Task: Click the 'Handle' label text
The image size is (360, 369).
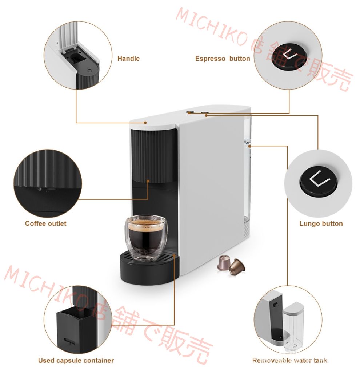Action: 128,59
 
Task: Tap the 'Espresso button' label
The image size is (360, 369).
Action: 223,59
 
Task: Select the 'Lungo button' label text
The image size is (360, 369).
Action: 321,223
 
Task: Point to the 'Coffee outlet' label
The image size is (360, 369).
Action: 45,223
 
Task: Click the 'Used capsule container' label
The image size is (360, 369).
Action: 76,360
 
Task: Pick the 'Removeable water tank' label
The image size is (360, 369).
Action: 290,360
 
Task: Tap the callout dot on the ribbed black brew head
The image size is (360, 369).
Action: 148,181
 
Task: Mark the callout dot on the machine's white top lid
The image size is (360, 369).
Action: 145,123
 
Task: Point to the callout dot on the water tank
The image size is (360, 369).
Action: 250,146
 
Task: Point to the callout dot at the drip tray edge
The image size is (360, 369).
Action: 174,254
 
